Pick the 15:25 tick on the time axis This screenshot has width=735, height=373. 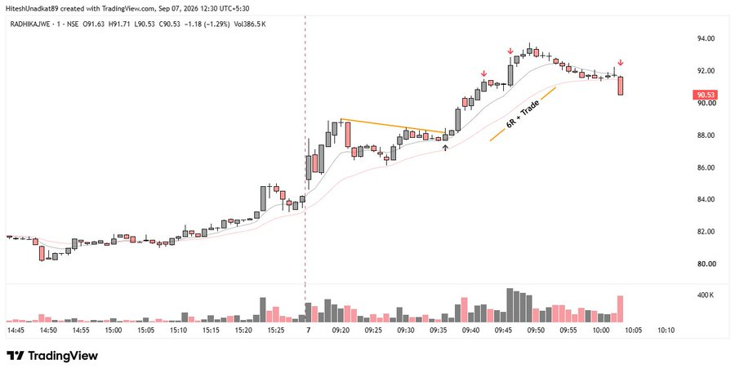(x=276, y=330)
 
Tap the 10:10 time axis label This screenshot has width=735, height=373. (x=666, y=330)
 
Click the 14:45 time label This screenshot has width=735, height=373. (x=16, y=330)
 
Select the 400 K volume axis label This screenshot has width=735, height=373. (x=706, y=295)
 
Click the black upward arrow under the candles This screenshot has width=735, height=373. (x=445, y=148)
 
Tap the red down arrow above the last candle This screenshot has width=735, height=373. (x=620, y=62)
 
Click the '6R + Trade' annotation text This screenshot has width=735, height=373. (x=523, y=114)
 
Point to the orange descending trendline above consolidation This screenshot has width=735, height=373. (x=394, y=126)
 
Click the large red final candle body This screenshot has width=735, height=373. (x=621, y=86)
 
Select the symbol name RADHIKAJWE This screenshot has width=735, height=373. (x=29, y=24)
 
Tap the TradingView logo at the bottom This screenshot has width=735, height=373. (x=52, y=356)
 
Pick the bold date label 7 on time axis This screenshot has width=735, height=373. (x=308, y=330)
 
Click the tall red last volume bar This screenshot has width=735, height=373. (x=620, y=309)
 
